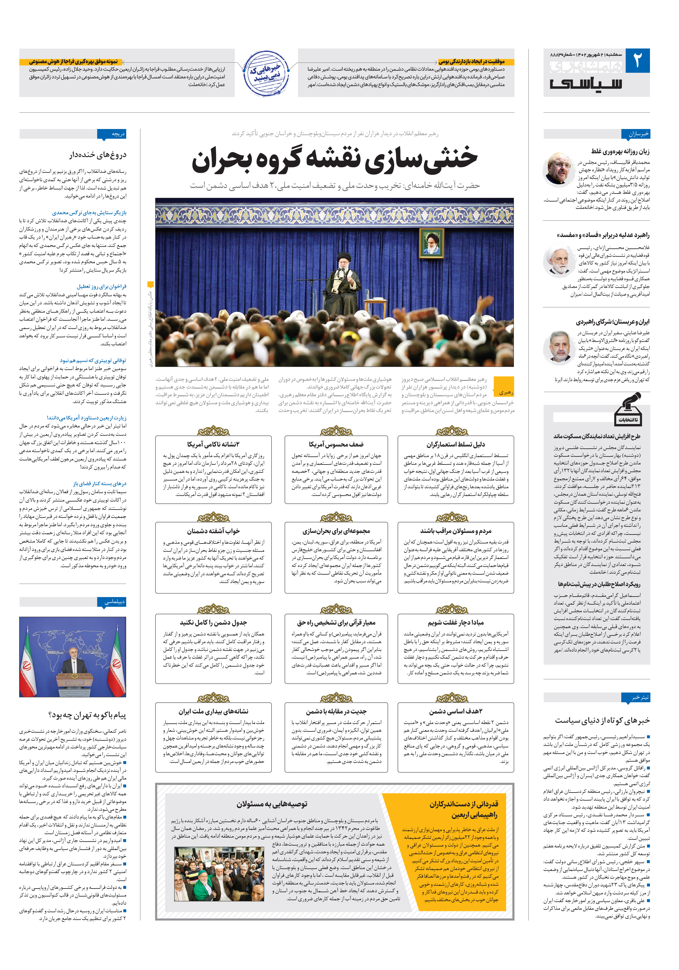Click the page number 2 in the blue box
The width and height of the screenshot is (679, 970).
pos(637,61)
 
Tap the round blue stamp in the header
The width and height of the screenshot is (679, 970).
pos(266,74)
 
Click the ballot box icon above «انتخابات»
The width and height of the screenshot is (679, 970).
pos(628,408)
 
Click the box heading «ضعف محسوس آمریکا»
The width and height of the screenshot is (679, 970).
pos(336,444)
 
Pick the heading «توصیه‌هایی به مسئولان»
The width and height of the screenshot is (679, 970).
pos(272,804)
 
